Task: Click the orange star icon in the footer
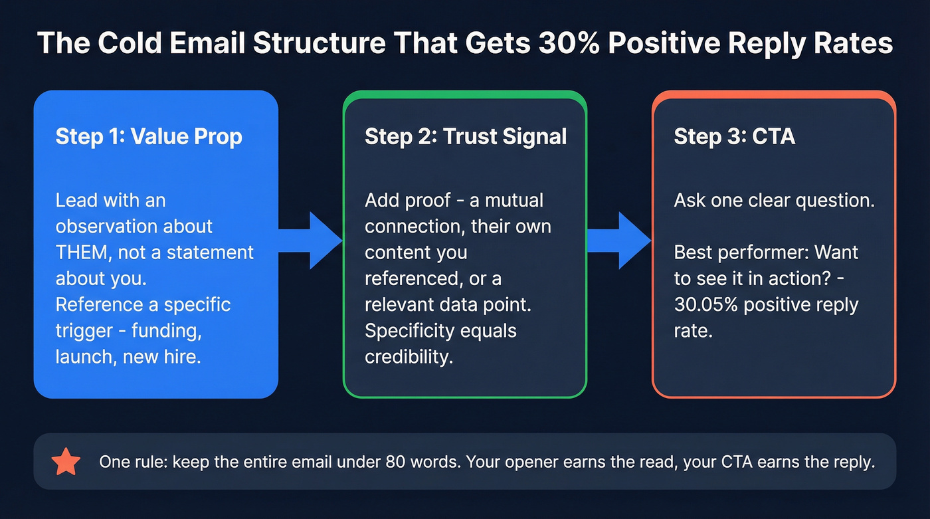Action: point(66,462)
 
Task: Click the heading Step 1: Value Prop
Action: point(149,136)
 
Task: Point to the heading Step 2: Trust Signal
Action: point(466,136)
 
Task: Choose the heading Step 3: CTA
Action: point(734,136)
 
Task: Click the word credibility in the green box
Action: point(409,357)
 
